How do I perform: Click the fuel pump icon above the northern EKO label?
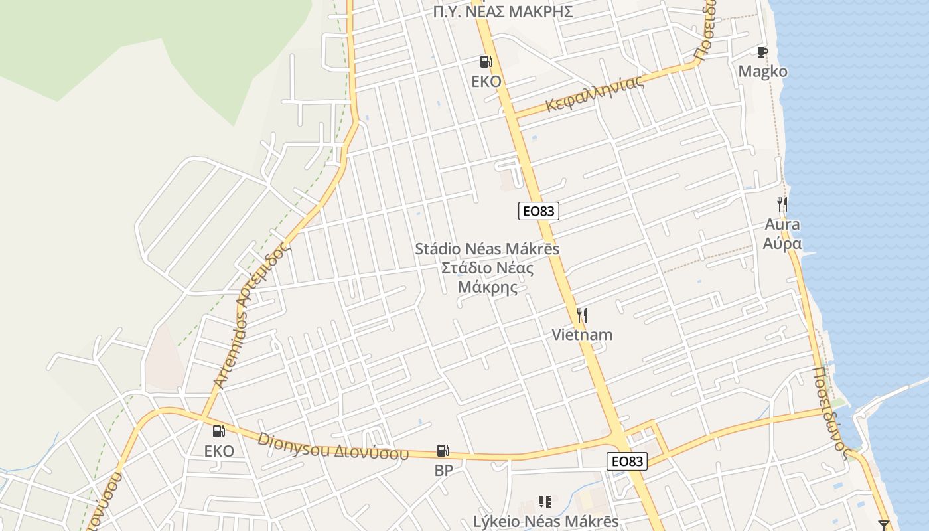coord(486,62)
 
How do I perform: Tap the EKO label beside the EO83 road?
coord(486,82)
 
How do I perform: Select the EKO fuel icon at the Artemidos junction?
coord(218,431)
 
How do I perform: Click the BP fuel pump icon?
coord(443,451)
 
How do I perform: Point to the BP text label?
coord(443,471)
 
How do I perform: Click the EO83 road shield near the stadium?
coord(538,211)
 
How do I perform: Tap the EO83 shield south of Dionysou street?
coord(626,461)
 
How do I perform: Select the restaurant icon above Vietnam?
coord(582,315)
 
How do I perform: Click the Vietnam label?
coord(582,335)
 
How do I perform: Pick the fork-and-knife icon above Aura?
coord(782,204)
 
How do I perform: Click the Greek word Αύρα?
coord(782,244)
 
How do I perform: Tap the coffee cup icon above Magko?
coord(762,52)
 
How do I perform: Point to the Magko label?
coord(763,72)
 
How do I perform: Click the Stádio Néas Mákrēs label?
coord(487,249)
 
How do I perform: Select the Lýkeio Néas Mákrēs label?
coord(545,522)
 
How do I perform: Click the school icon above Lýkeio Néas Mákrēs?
coord(545,502)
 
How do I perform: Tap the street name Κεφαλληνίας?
coord(595,94)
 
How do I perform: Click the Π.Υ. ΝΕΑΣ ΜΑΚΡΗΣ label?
coord(502,11)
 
